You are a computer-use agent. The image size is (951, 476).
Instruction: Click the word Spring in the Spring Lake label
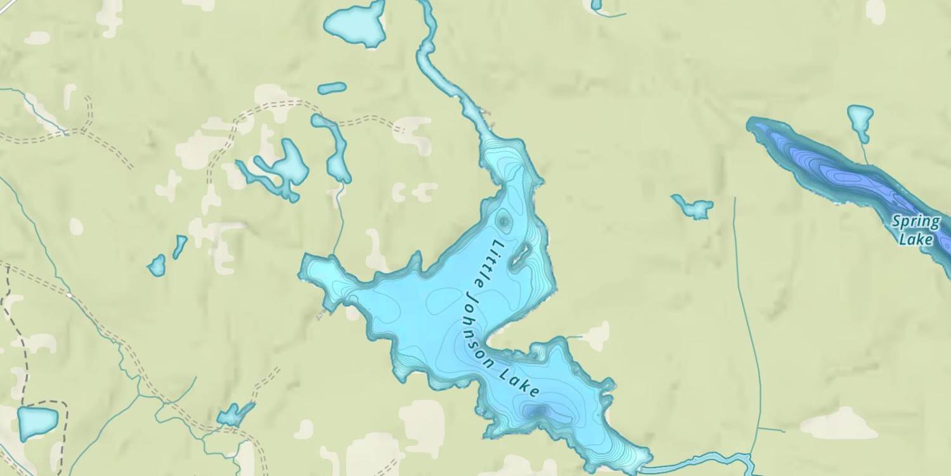(915, 222)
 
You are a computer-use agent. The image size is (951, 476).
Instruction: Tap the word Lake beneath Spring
(916, 239)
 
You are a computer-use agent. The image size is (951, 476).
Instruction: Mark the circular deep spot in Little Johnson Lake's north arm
(503, 221)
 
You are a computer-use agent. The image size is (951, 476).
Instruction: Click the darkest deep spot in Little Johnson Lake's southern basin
(537, 411)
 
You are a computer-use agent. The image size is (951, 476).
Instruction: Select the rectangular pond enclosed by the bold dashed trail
(37, 423)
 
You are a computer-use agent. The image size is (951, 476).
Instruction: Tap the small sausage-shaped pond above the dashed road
(332, 88)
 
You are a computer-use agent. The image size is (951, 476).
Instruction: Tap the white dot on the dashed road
(69, 294)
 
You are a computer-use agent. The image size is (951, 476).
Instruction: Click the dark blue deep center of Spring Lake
(843, 175)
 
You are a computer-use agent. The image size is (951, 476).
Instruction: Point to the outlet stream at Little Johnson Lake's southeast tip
(697, 461)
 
